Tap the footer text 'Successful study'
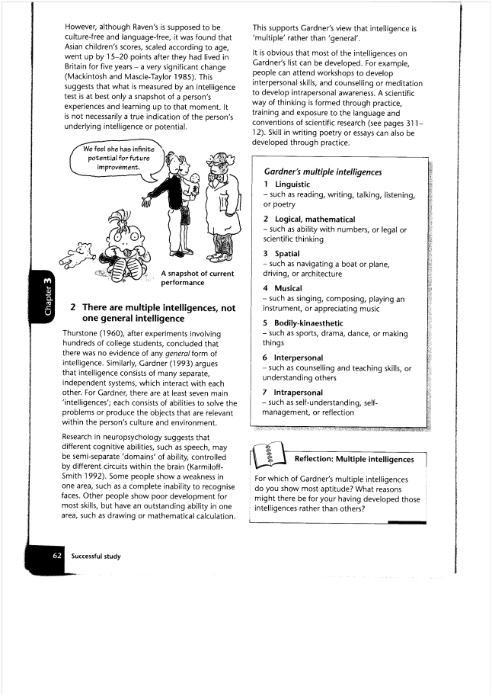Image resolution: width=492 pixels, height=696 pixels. pyautogui.click(x=97, y=556)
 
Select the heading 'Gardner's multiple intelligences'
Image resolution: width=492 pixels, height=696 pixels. pyautogui.click(x=322, y=172)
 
